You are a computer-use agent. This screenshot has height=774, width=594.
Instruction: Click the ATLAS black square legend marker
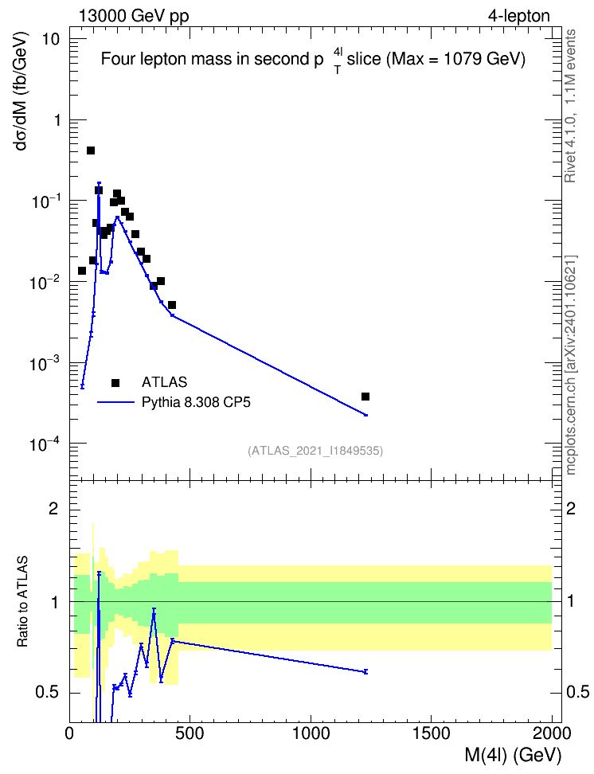coord(115,382)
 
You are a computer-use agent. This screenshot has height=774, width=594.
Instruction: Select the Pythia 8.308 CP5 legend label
coord(196,402)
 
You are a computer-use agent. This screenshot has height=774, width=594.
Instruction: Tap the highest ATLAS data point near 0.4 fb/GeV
coord(91,150)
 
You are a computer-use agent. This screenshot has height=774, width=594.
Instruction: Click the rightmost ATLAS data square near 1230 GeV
coord(365,397)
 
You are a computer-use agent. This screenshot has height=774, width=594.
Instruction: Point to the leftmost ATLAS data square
coord(82,271)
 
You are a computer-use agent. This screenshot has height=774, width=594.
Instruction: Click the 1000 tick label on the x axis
coord(311,733)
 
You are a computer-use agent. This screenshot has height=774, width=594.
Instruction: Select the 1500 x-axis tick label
coord(432,733)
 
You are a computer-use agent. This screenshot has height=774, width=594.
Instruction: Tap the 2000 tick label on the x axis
coord(552,733)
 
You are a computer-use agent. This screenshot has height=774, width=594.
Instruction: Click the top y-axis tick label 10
coord(51,40)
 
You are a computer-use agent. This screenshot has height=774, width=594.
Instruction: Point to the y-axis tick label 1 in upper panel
coord(57,120)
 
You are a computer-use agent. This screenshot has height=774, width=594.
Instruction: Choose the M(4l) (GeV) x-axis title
coord(513,755)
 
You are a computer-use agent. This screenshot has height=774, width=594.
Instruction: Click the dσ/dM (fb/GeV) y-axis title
coord(22,92)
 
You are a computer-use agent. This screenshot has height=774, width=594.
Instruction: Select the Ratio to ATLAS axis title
coord(22,602)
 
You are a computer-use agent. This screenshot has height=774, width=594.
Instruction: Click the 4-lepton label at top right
coord(519,16)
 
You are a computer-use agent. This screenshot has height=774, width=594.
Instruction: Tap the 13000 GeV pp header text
coord(134,16)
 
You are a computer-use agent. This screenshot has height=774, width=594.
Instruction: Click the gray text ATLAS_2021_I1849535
coord(315,451)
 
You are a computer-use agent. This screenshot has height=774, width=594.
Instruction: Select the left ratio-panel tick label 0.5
coord(49,693)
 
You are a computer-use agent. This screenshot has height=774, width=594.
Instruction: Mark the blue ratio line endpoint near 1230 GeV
coord(365,672)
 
